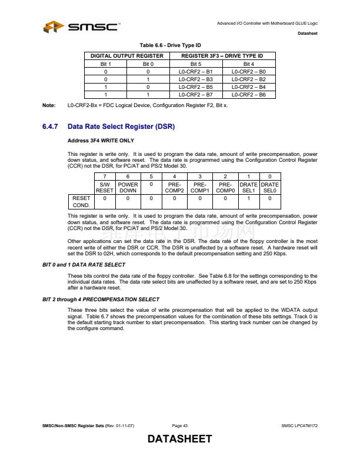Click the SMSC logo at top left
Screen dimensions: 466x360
click(x=81, y=27)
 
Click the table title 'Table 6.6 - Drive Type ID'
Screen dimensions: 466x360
click(x=170, y=45)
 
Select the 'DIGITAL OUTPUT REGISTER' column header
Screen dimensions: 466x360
click(x=126, y=56)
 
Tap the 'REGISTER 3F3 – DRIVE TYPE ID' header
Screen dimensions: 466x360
click(x=222, y=56)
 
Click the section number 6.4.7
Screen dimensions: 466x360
click(x=51, y=127)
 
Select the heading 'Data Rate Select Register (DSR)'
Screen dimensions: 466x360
click(x=121, y=127)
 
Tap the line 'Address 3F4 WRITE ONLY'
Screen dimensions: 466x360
click(x=101, y=141)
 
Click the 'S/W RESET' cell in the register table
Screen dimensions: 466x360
click(x=105, y=187)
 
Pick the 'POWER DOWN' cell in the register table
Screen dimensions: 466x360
click(x=128, y=187)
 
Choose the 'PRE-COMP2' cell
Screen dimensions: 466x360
click(x=175, y=187)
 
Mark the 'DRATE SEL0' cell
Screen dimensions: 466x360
click(x=270, y=187)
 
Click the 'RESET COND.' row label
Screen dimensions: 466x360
click(x=81, y=202)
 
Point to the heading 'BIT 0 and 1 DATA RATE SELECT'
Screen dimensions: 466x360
click(x=84, y=265)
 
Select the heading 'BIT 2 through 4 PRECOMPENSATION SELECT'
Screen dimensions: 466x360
click(x=101, y=299)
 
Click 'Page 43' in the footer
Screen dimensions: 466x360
click(x=179, y=426)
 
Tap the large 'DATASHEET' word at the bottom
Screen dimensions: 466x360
click(x=179, y=440)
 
